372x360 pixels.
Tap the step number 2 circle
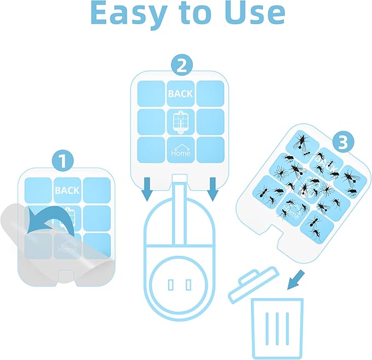point(182,66)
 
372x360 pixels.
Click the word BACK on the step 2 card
point(180,94)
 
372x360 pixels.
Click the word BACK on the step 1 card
point(67,190)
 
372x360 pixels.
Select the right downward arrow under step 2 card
point(213,190)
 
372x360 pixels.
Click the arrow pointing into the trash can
point(296,277)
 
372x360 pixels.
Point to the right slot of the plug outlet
point(188,284)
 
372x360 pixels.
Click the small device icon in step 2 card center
point(180,122)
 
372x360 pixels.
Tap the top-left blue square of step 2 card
point(151,94)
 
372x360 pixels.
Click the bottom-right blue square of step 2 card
point(210,148)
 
